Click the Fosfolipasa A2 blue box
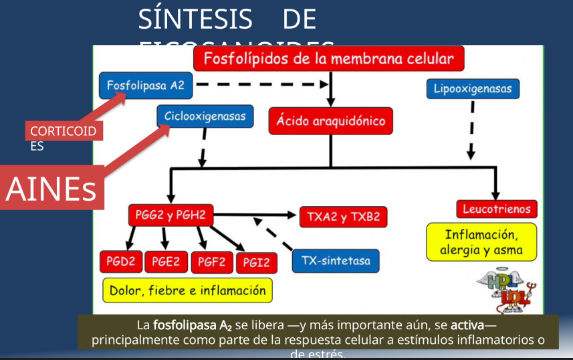coord(145,85)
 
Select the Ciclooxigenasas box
coord(205,116)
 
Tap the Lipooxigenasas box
coord(472,88)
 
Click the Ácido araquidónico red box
coord(331,121)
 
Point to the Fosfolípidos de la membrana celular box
coord(328,59)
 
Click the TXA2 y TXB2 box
coord(343,217)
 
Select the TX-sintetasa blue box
coord(336,260)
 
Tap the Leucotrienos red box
coord(497,209)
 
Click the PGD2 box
coord(121,262)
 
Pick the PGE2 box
coord(166,262)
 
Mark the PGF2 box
coord(211,262)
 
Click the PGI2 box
coord(256,263)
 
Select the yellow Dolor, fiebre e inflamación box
coord(188,290)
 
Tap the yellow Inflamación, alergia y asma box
coord(481,242)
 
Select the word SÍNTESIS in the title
coord(195,20)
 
